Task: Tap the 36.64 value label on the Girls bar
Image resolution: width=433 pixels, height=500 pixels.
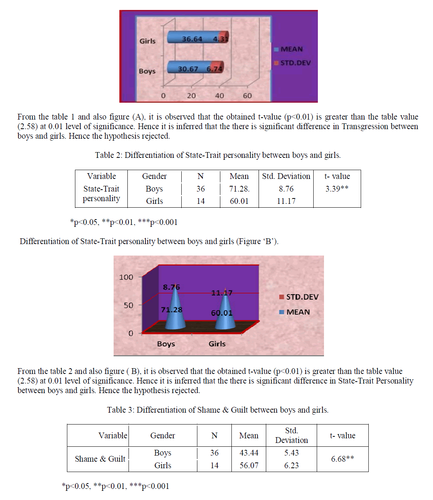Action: pos(192,39)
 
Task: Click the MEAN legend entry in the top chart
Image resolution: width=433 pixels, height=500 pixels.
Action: pos(291,49)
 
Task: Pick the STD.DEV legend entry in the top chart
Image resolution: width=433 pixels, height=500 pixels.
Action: pos(295,63)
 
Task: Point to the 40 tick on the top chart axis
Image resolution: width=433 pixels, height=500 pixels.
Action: pos(220,96)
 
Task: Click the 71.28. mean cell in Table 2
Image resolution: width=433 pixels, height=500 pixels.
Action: pos(239,189)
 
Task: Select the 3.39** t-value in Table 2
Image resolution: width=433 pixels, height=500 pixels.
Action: pos(337,189)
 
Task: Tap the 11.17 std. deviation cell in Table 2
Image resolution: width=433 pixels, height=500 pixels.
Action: pos(286,201)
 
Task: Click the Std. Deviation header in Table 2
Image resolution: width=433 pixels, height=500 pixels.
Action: pos(286,176)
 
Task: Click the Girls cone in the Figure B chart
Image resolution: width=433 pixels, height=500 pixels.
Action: pos(225,314)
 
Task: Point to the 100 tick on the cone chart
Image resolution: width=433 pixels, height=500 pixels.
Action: pos(126,277)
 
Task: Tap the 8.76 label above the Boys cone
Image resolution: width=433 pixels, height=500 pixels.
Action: pos(171,287)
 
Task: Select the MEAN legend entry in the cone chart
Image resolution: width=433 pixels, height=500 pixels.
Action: pos(298,312)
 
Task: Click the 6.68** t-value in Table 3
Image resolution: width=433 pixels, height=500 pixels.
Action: pos(342,459)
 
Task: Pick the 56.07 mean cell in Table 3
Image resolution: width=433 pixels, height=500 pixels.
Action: pos(249,466)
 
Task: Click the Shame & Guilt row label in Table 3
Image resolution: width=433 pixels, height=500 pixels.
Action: pos(100,459)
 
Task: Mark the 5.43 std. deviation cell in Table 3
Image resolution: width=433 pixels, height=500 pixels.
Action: pos(291,453)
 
